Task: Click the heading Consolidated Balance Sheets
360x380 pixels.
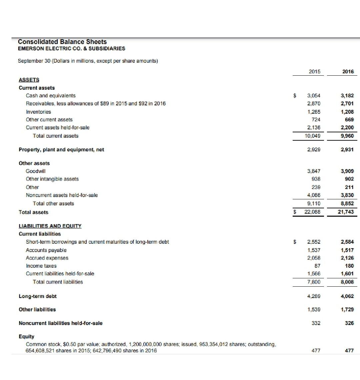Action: coord(62,42)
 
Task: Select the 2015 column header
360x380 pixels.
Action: coord(314,72)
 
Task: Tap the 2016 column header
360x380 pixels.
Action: coord(348,72)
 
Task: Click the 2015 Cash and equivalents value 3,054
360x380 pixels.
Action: coord(314,96)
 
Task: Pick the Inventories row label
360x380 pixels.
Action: coord(39,112)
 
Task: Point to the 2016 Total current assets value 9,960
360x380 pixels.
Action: coord(347,136)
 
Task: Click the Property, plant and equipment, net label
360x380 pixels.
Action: coord(61,150)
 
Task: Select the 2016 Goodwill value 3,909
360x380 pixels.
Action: coord(347,171)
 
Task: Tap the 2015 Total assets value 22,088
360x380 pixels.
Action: coord(312,212)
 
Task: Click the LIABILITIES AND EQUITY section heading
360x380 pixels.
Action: coord(50,226)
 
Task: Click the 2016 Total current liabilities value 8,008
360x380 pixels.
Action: coord(347,282)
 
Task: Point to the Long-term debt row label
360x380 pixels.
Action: coord(38,296)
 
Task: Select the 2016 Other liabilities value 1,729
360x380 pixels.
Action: coord(347,310)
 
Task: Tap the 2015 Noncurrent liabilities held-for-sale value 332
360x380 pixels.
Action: coord(315,323)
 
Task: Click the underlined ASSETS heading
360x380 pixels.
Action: coord(29,80)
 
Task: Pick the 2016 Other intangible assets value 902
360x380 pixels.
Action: coord(349,179)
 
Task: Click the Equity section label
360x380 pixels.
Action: coord(26,336)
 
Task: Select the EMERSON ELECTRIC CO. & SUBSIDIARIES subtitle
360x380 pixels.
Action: coord(72,49)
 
